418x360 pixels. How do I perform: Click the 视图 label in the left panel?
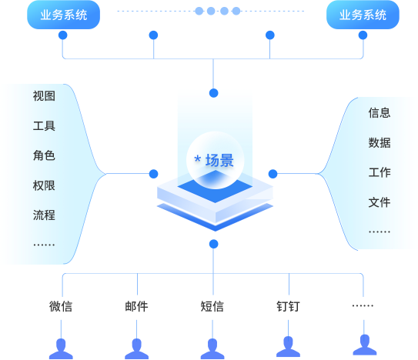click(44, 96)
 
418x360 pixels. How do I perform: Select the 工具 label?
click(44, 126)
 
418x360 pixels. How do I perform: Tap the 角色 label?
click(44, 155)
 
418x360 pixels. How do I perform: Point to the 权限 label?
click(44, 185)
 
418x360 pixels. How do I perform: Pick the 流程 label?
click(44, 215)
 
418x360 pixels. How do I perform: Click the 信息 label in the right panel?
click(380, 113)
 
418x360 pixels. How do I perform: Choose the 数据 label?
click(380, 143)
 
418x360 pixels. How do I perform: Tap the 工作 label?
click(380, 172)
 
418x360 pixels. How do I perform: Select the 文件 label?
click(380, 202)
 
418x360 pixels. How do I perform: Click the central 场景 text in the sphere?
click(219, 161)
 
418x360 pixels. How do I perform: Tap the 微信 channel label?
click(61, 306)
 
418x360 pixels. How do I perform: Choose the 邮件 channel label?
click(136, 306)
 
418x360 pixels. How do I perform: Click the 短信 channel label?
click(212, 306)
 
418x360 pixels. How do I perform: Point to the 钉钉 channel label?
click(288, 306)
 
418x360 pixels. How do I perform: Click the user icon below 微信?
click(61, 349)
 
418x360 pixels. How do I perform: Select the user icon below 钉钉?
click(288, 347)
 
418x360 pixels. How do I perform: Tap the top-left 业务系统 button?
click(63, 15)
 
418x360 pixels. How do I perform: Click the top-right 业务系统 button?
click(363, 15)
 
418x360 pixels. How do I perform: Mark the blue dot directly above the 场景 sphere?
click(213, 93)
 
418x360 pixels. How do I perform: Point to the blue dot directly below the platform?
click(213, 244)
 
